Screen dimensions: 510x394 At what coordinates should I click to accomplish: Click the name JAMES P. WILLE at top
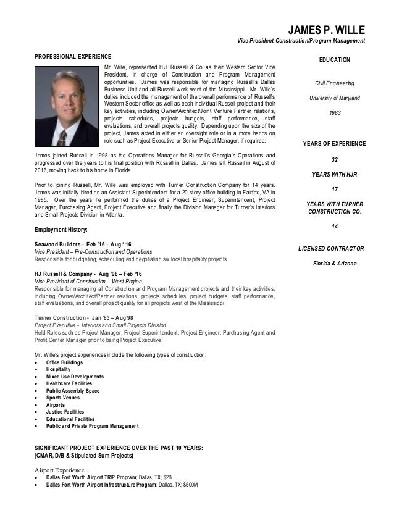(x=328, y=29)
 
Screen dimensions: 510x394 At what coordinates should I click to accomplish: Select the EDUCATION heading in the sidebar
(x=334, y=59)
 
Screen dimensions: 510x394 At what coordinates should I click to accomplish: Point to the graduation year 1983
(x=334, y=113)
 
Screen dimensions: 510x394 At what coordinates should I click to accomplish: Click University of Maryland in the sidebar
(x=334, y=98)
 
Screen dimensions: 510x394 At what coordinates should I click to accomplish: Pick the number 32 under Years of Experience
(x=334, y=159)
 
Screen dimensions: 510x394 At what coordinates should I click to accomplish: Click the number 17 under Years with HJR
(x=334, y=189)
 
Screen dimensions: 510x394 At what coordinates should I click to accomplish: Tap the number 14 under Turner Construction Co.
(x=334, y=227)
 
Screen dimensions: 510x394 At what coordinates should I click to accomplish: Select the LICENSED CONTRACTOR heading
(x=331, y=249)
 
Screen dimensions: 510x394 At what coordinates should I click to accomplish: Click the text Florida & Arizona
(x=334, y=264)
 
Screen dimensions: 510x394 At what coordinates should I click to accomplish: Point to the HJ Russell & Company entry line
(x=89, y=274)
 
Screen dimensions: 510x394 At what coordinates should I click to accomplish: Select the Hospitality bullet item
(x=58, y=369)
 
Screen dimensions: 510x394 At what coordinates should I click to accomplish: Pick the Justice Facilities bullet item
(x=65, y=412)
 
